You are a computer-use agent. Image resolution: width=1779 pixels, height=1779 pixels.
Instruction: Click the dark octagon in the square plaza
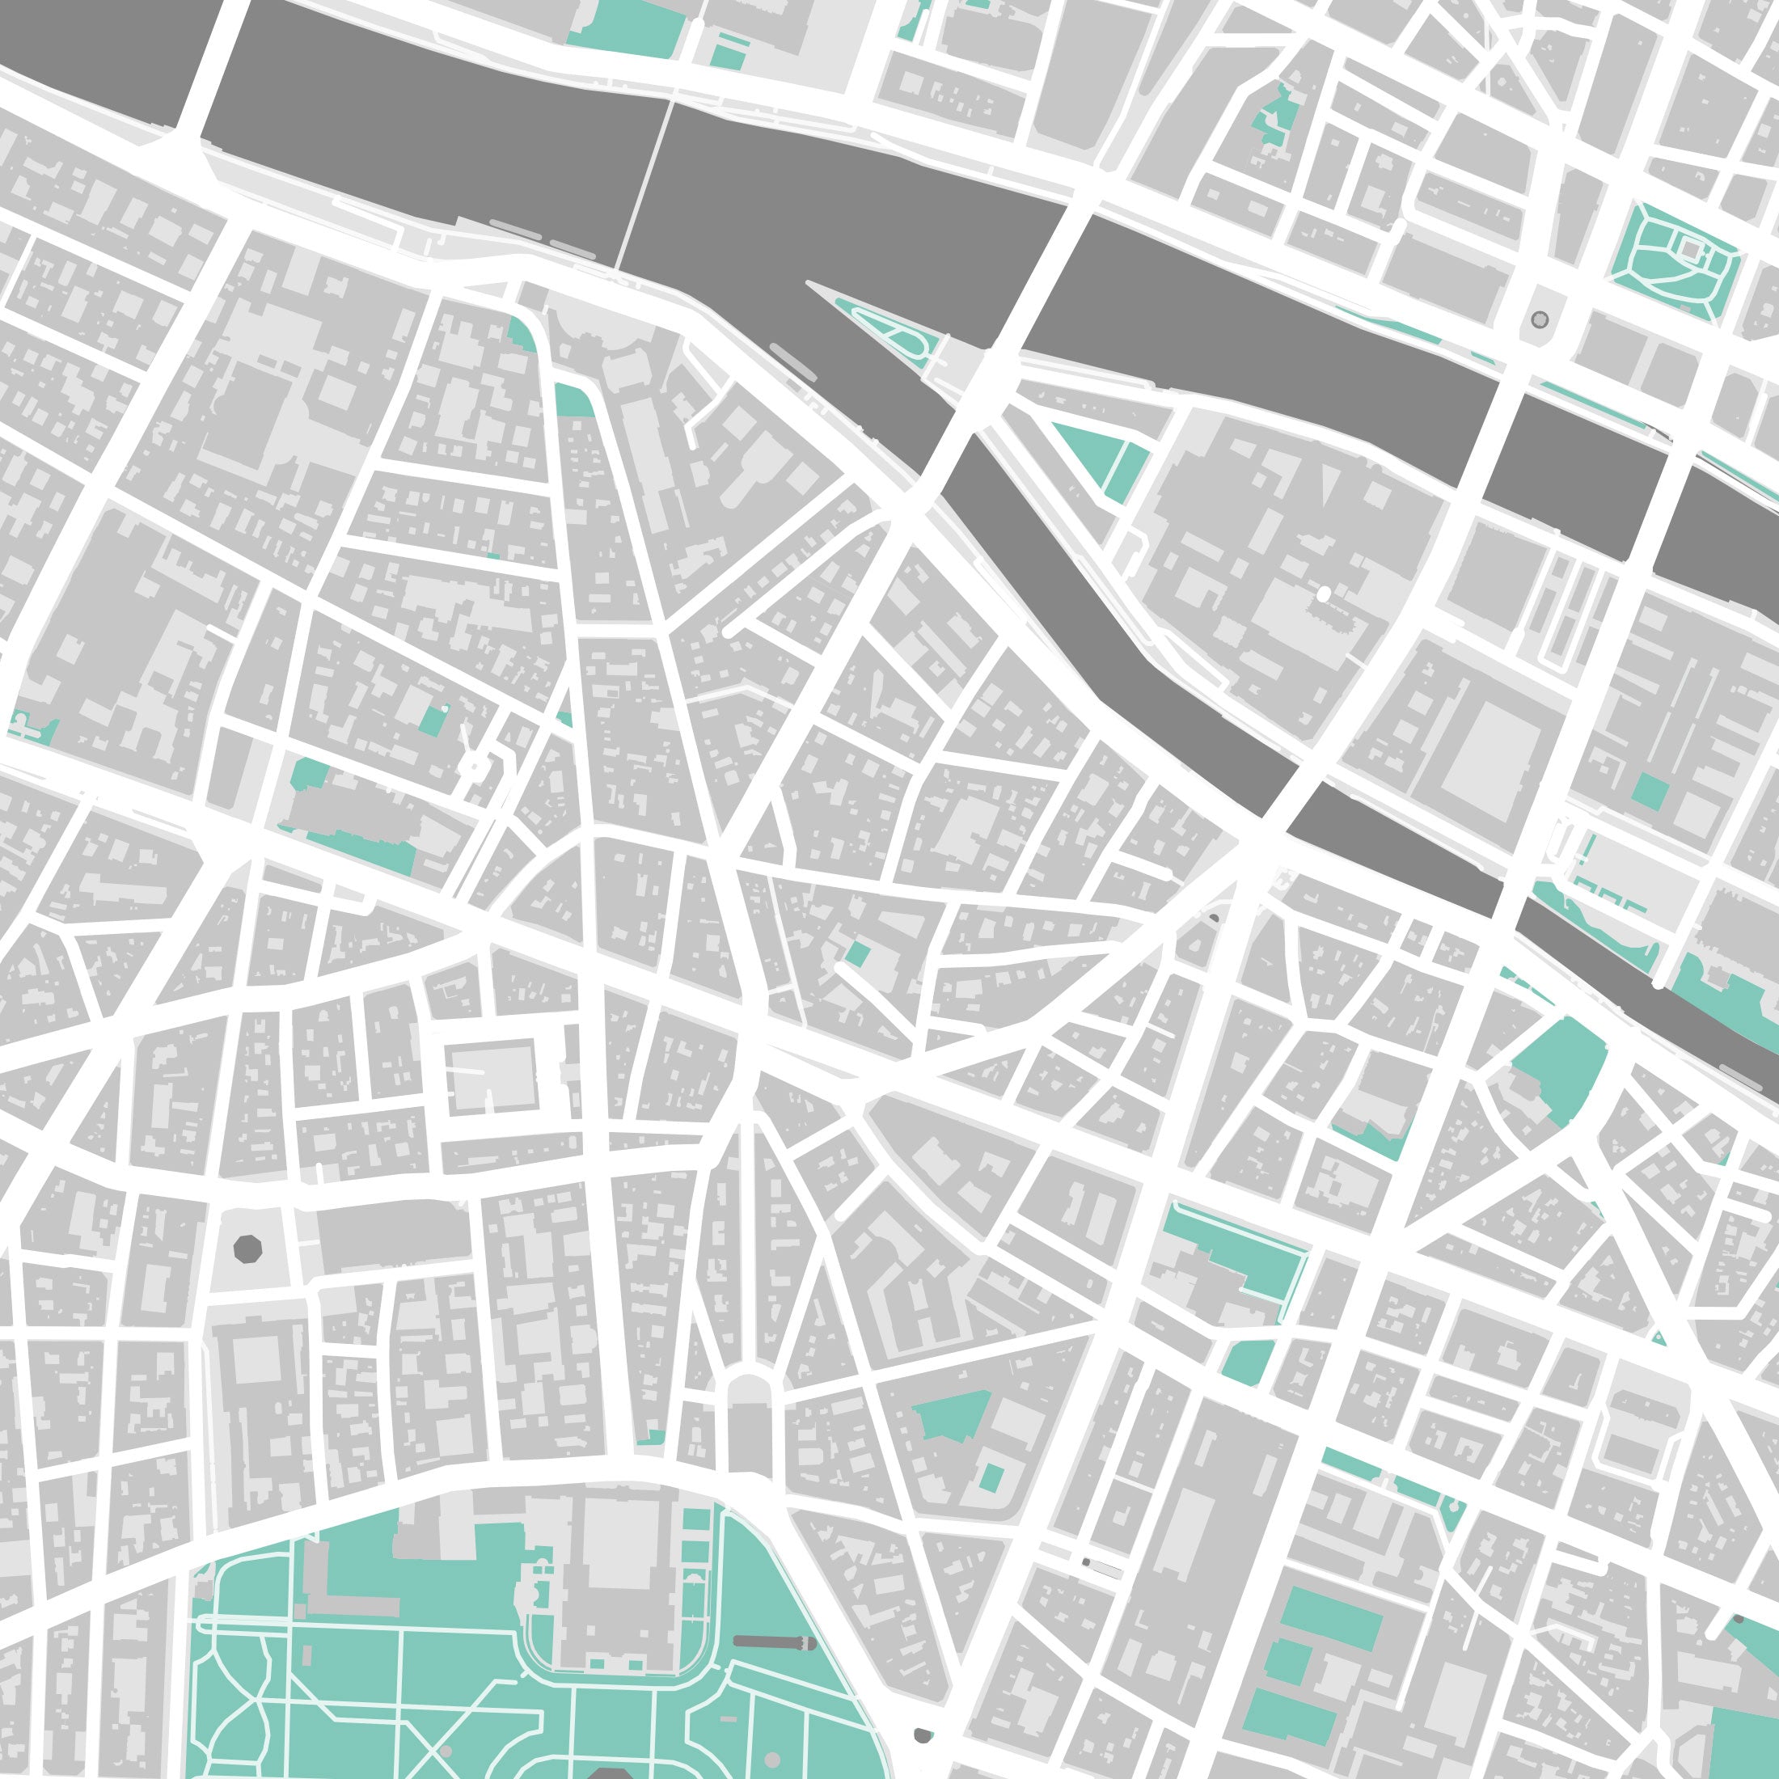click(247, 1249)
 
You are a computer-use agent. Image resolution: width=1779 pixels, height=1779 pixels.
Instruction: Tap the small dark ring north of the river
click(1539, 319)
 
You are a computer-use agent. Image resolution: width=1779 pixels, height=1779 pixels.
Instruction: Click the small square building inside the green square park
click(1690, 247)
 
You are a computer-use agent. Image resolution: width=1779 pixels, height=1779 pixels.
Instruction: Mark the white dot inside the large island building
click(1323, 595)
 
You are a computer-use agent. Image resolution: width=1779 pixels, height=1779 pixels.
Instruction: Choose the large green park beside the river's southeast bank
click(1556, 1068)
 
